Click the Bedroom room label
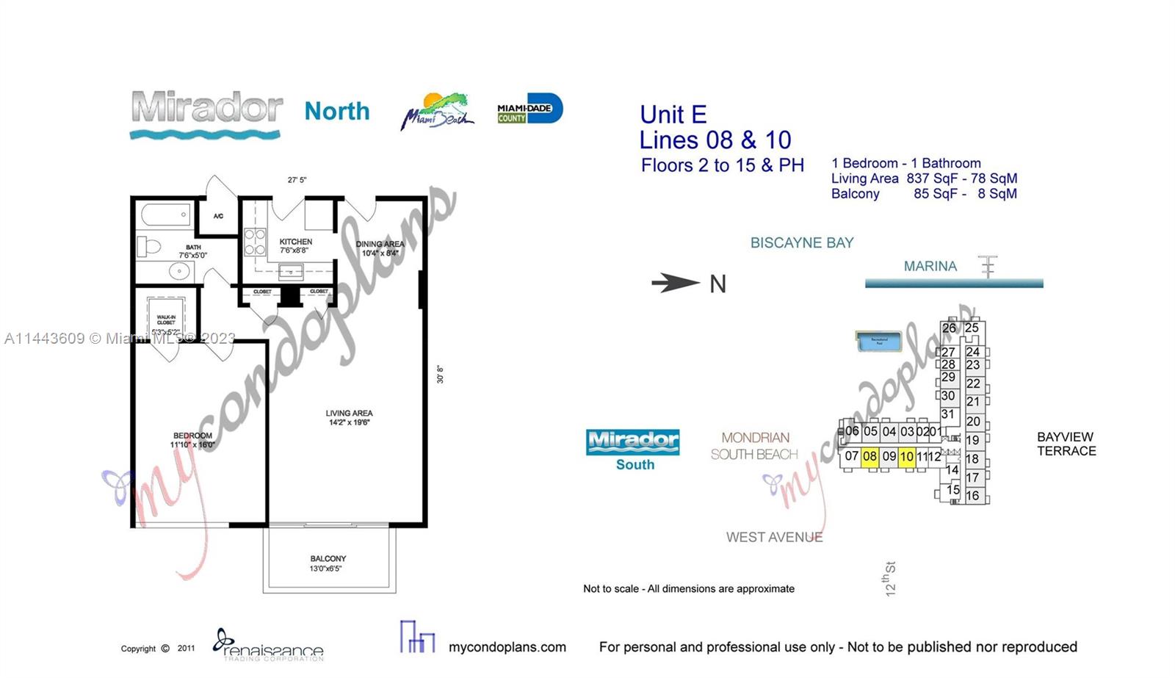192,436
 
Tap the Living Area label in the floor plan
349,414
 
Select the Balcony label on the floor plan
328,559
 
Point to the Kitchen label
295,242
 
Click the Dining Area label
380,244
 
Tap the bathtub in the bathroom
166,215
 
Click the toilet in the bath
149,245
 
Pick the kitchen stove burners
254,242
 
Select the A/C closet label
219,216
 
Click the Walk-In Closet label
166,320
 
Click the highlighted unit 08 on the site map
869,456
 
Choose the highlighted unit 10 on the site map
906,456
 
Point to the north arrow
676,283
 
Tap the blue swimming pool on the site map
879,342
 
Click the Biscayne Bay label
801,243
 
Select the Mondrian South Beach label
754,446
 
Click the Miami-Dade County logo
529,109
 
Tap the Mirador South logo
633,449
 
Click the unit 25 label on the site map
972,328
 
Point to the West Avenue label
774,538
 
